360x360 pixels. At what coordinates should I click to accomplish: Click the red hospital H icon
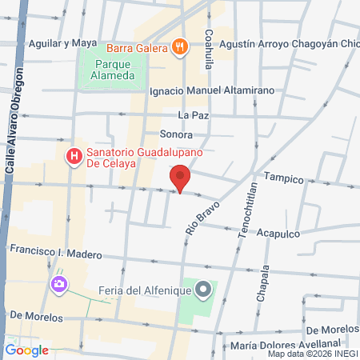pyautogui.click(x=74, y=155)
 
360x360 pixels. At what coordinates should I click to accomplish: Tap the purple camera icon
pyautogui.click(x=58, y=284)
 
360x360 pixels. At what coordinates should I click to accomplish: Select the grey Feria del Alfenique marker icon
pyautogui.click(x=204, y=289)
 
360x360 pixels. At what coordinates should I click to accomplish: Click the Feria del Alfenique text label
pyautogui.click(x=145, y=290)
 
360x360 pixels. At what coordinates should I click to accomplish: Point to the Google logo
pyautogui.click(x=27, y=350)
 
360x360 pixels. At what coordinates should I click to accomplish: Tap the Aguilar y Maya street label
pyautogui.click(x=63, y=42)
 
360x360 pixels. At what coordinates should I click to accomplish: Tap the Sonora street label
pyautogui.click(x=176, y=134)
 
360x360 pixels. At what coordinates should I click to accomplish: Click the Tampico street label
pyautogui.click(x=282, y=180)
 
